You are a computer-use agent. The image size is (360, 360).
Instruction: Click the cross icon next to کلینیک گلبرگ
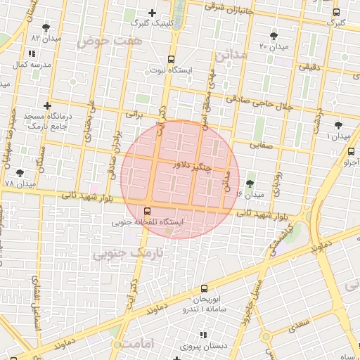click(152, 13)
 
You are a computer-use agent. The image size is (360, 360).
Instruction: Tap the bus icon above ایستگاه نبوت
click(171, 60)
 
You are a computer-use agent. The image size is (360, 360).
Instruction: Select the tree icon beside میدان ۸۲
click(46, 28)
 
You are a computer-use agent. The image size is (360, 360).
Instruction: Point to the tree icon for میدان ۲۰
click(273, 36)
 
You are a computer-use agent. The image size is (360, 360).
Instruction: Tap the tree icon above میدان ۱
click(338, 124)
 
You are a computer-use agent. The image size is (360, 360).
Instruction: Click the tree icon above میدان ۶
click(250, 184)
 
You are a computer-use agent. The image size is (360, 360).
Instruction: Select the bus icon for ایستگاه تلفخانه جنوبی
click(147, 211)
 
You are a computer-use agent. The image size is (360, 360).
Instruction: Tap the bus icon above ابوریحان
click(204, 288)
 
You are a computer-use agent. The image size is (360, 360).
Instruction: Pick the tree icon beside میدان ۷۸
click(19, 172)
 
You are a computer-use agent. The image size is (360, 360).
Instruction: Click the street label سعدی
click(297, 326)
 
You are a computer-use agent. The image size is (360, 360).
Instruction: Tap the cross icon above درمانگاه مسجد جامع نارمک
click(47, 105)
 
